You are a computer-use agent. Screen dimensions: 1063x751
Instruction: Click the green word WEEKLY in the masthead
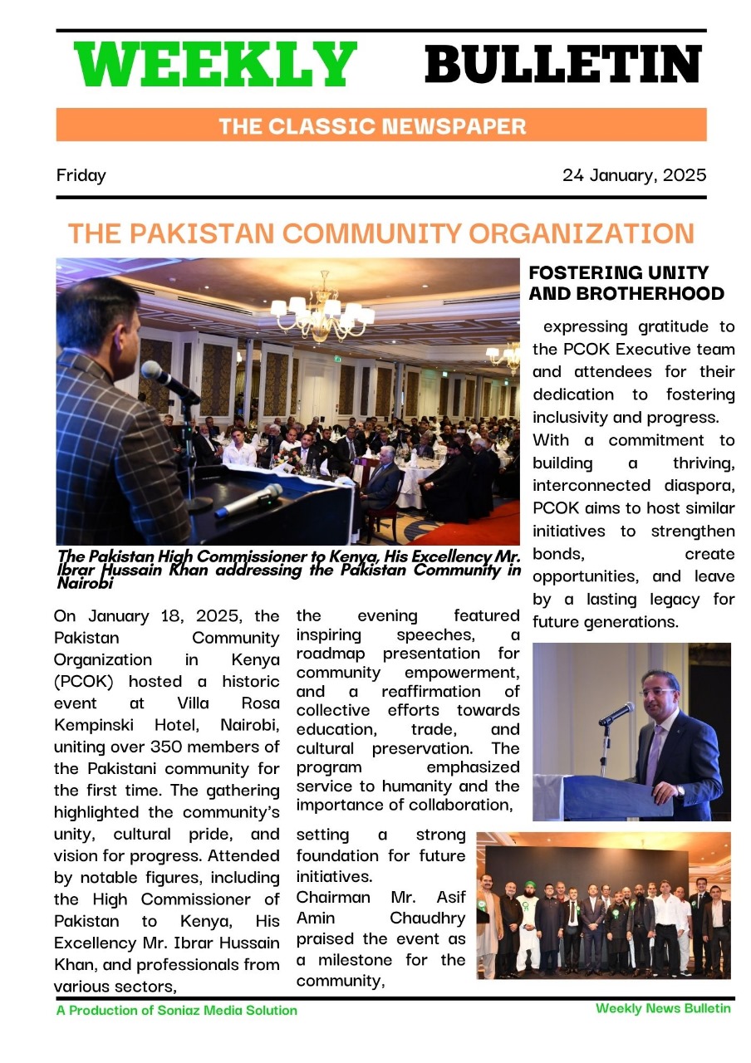click(x=215, y=65)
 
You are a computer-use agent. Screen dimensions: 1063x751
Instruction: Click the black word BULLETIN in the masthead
click(x=564, y=65)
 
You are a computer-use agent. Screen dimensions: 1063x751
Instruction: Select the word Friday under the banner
click(x=81, y=175)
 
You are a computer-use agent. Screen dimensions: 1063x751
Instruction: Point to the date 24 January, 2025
click(x=634, y=175)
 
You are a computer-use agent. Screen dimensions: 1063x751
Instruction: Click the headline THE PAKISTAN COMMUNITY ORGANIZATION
click(x=380, y=233)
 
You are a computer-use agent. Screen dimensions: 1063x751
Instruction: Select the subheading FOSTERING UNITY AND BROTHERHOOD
click(x=626, y=283)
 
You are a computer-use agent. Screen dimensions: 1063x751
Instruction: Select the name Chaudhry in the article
click(x=427, y=918)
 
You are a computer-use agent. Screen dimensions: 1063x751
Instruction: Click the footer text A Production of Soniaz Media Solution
click(x=176, y=1011)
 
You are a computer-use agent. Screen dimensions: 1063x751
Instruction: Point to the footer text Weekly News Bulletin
click(x=663, y=1008)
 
